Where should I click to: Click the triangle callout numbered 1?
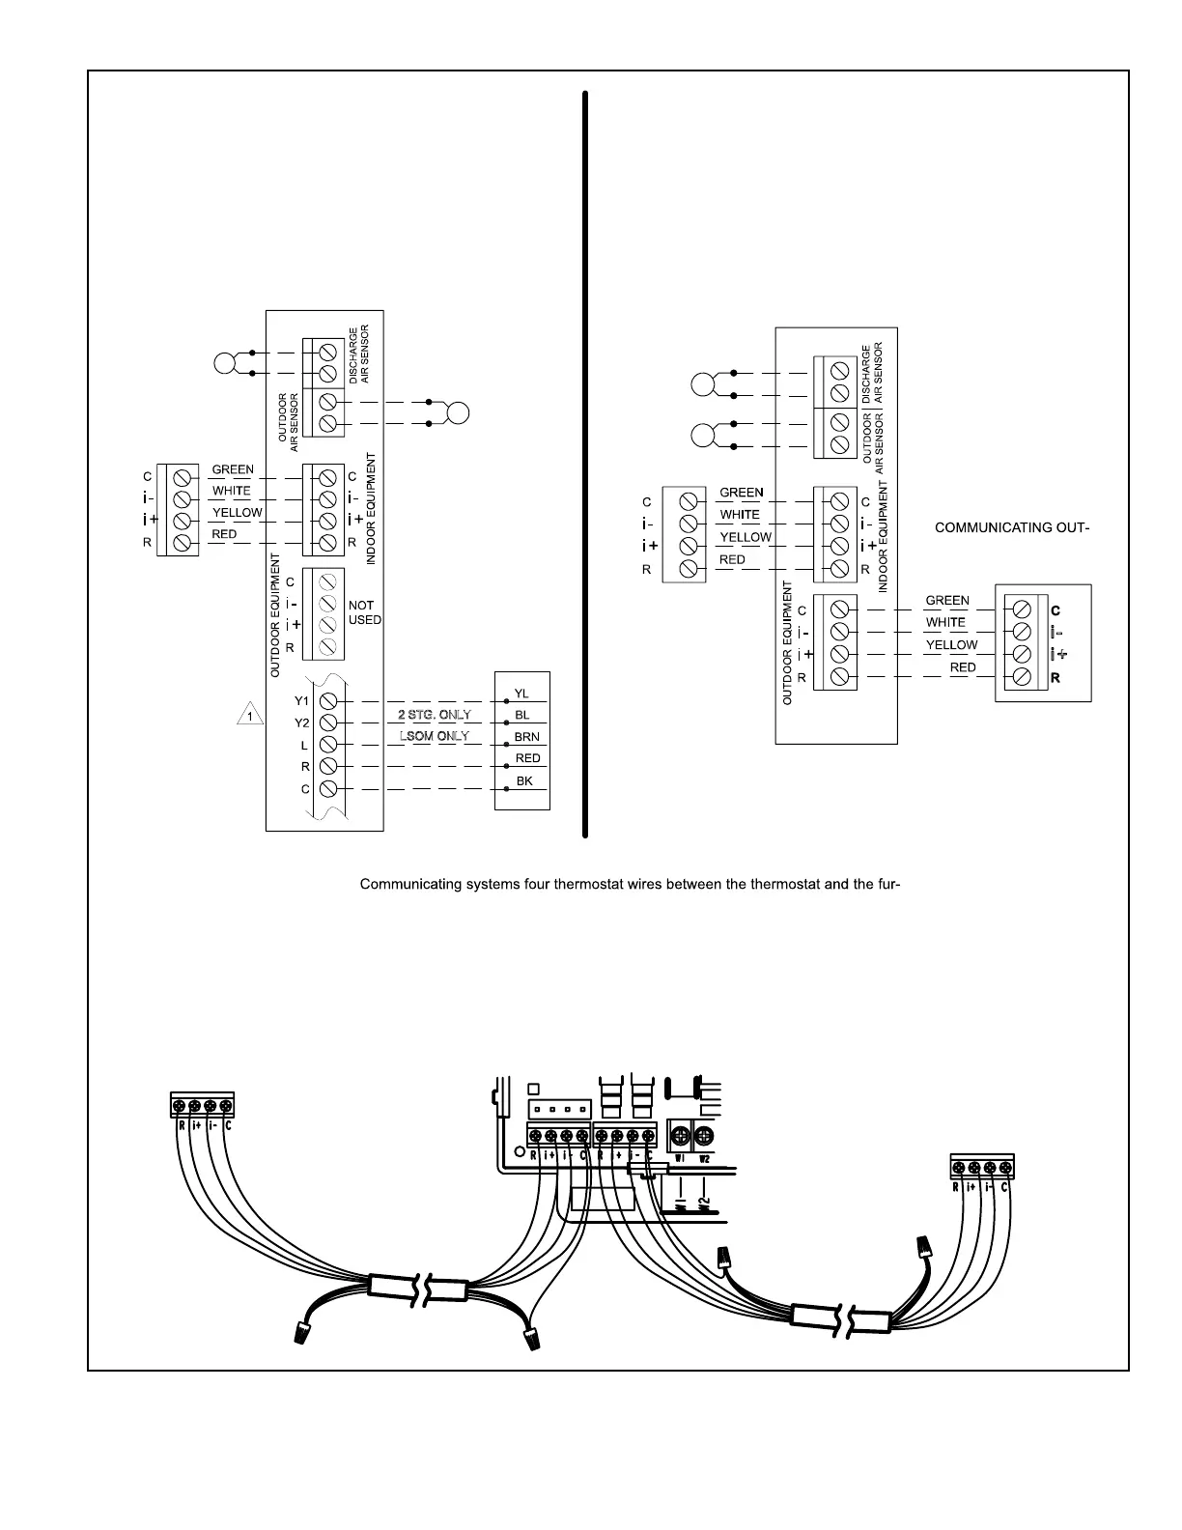tap(250, 716)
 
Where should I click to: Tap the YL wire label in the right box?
tap(521, 693)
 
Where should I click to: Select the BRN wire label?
tap(526, 737)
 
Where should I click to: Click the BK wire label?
tap(524, 780)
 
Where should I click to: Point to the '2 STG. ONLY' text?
tap(435, 715)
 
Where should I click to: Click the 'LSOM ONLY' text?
tap(435, 736)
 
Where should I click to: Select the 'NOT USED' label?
tap(364, 612)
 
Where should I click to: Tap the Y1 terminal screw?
tap(328, 700)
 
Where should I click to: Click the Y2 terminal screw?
tap(328, 722)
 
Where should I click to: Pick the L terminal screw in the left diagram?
tap(328, 745)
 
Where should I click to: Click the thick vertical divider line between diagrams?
tap(585, 464)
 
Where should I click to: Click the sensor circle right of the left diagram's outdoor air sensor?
tap(459, 412)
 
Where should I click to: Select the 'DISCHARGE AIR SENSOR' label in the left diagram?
tap(359, 354)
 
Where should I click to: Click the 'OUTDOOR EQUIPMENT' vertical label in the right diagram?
tap(788, 642)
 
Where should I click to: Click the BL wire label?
tap(522, 715)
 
